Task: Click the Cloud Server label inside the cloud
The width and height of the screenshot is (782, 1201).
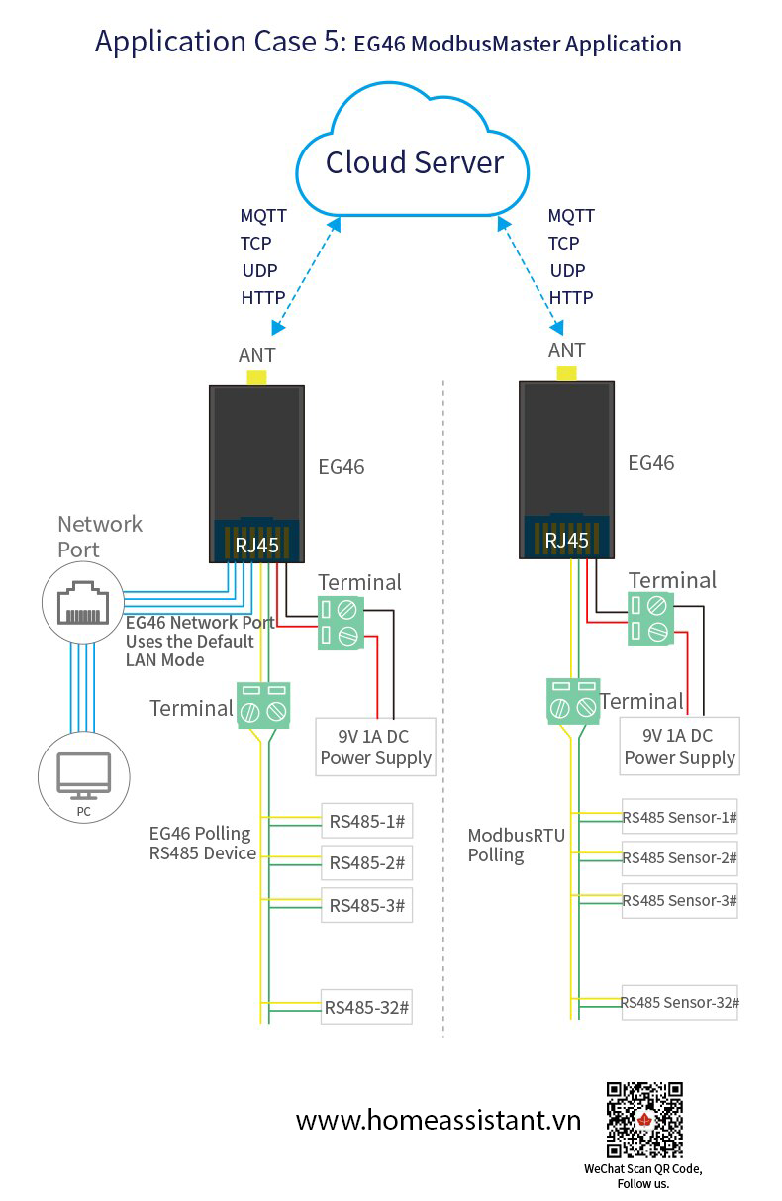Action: point(415,162)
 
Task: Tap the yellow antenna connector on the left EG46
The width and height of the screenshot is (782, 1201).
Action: point(256,377)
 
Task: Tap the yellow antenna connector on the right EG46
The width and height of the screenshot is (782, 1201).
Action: point(566,373)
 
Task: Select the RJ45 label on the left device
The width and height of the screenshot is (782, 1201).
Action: point(256,546)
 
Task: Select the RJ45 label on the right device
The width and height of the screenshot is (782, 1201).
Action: point(566,541)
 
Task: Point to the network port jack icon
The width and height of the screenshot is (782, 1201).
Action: point(83,603)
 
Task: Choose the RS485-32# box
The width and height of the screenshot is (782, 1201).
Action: point(366,1007)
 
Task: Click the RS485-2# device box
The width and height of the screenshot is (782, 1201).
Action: point(366,862)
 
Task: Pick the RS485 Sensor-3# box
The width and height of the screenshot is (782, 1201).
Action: point(679,901)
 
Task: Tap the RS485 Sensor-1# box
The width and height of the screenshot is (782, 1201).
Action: point(679,816)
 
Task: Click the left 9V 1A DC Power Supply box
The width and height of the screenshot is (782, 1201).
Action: point(375,747)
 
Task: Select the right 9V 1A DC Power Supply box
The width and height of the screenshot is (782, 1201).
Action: point(680,746)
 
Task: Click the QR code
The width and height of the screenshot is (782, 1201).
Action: point(644,1120)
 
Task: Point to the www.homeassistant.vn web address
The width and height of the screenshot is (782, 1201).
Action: point(439,1120)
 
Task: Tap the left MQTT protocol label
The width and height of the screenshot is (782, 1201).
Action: point(263,216)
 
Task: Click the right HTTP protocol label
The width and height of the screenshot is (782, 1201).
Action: point(571,298)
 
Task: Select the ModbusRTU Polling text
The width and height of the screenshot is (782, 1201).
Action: point(516,845)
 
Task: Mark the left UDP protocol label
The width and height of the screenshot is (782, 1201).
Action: point(259,270)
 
